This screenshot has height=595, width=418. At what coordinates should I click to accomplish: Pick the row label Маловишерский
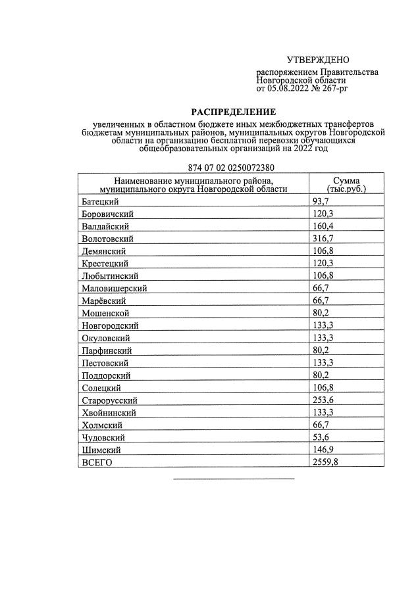[x=114, y=288]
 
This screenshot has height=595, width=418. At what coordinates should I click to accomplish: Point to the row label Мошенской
[x=105, y=313]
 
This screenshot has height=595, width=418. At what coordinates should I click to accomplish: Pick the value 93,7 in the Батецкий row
[x=319, y=201]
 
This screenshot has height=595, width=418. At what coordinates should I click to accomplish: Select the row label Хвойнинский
[x=109, y=413]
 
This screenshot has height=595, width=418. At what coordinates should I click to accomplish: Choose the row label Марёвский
[x=104, y=300]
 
